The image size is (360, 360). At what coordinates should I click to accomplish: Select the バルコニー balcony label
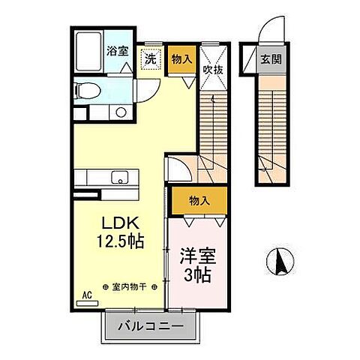(149, 327)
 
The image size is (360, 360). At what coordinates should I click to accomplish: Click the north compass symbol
(279, 259)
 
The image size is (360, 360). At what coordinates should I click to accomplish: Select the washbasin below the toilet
(119, 113)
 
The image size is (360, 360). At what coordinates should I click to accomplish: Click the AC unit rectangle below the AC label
(87, 304)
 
